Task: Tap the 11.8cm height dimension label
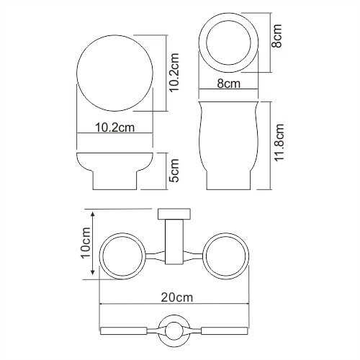click(x=282, y=144)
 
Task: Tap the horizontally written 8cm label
click(x=228, y=85)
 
